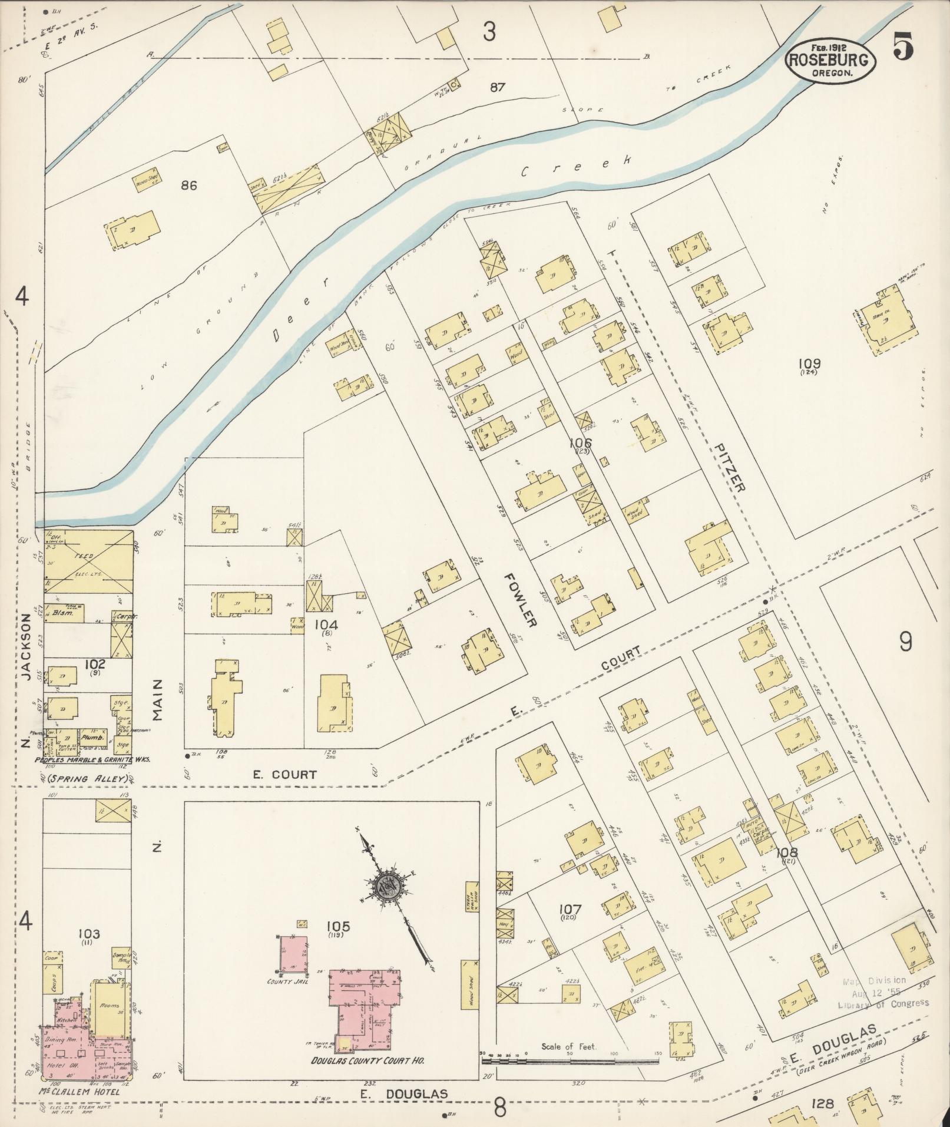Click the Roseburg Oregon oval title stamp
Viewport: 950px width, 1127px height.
click(x=830, y=60)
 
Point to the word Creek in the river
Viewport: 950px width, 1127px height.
click(x=577, y=167)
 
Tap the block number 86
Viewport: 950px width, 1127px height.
click(x=188, y=186)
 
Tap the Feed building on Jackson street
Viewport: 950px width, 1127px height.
click(x=88, y=557)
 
